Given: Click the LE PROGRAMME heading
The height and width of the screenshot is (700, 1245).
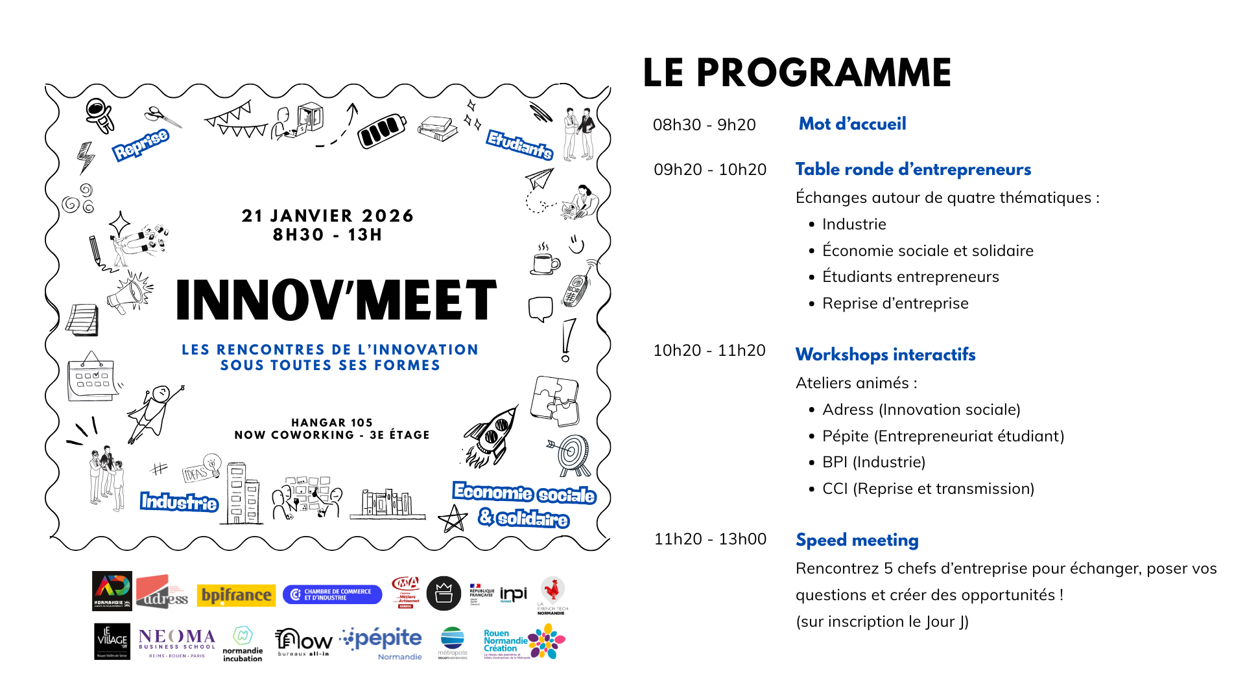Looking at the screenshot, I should [796, 73].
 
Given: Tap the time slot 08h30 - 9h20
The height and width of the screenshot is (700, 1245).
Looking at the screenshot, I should [704, 124].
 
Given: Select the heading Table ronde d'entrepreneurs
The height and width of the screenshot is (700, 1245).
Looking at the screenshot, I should [913, 169].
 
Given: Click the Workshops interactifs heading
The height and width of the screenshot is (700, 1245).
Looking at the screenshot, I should [885, 355].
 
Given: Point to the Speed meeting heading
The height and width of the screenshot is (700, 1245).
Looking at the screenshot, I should [857, 540].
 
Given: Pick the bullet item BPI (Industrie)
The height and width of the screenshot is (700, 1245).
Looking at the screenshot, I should [873, 462].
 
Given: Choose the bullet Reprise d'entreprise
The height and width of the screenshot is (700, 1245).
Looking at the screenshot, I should [895, 303].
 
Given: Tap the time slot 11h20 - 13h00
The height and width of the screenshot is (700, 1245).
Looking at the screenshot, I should [710, 539].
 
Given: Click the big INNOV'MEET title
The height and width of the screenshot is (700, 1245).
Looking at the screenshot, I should [336, 301].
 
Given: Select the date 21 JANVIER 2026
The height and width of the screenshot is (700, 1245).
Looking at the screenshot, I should [327, 216].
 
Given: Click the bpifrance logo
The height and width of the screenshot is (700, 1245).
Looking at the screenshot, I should [236, 595].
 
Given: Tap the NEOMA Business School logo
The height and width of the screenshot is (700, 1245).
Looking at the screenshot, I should [176, 642].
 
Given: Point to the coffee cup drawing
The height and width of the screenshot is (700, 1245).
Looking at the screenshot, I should [545, 261].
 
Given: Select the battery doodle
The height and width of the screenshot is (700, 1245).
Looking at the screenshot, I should [382, 130].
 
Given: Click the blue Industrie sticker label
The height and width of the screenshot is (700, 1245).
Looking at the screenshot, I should [179, 502].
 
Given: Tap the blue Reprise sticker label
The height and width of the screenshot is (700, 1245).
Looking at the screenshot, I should [141, 145].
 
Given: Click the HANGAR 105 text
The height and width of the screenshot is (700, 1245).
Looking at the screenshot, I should [332, 423].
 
